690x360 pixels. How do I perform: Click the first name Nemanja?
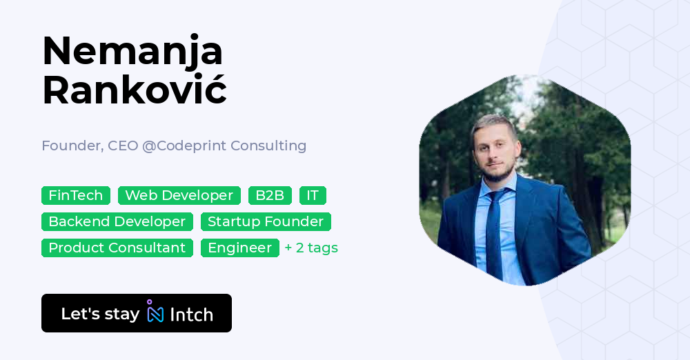pyautogui.click(x=132, y=52)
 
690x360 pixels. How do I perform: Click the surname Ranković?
pyautogui.click(x=135, y=90)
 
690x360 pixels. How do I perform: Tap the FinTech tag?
pyautogui.click(x=76, y=195)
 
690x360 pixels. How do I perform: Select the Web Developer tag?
pyautogui.click(x=179, y=195)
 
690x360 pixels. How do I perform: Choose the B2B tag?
pyautogui.click(x=270, y=195)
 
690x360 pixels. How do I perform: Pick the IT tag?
pyautogui.click(x=313, y=195)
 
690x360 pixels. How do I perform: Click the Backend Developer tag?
pyautogui.click(x=117, y=221)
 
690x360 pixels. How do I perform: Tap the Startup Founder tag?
pyautogui.click(x=266, y=221)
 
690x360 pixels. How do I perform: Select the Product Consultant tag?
pyautogui.click(x=117, y=248)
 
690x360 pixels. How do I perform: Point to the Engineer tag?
pyautogui.click(x=240, y=248)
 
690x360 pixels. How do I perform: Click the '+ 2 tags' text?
pyautogui.click(x=311, y=248)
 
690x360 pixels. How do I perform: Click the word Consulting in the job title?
pyautogui.click(x=268, y=146)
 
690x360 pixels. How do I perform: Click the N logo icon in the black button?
pyautogui.click(x=155, y=312)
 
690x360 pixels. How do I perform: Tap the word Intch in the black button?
pyautogui.click(x=191, y=314)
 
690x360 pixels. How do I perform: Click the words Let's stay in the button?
pyautogui.click(x=100, y=314)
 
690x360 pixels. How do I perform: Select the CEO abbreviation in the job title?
pyautogui.click(x=124, y=146)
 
